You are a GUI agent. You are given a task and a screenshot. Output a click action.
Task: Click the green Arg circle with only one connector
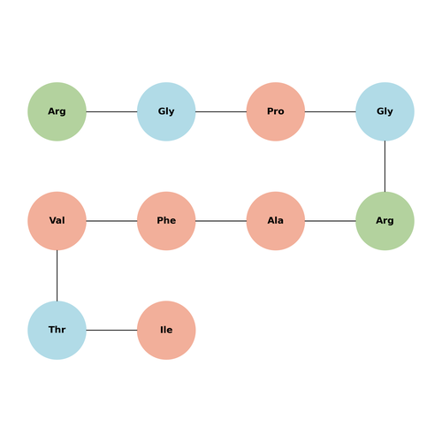[x=57, y=111]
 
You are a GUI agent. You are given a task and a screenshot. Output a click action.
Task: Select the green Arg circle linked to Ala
[x=385, y=221]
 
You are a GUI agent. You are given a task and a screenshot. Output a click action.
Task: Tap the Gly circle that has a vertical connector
[x=385, y=111]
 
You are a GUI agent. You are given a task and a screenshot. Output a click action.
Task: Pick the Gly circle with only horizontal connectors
[x=166, y=111]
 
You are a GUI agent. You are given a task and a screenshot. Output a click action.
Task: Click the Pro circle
[x=276, y=111]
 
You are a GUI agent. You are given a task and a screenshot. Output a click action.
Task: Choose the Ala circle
[x=276, y=221]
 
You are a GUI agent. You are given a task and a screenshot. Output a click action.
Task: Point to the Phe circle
[x=166, y=221]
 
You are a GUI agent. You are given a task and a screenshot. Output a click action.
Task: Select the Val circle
[x=57, y=221]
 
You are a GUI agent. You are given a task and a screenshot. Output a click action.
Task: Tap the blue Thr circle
[x=57, y=330]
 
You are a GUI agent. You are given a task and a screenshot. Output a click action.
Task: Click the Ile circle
[x=166, y=330]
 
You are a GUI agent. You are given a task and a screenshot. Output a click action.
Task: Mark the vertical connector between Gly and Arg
[x=385, y=166]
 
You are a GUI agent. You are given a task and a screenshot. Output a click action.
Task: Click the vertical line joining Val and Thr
[x=57, y=276]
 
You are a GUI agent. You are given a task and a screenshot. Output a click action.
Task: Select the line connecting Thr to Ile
[x=111, y=330]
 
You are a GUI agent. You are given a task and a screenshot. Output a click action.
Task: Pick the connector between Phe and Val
[x=111, y=221]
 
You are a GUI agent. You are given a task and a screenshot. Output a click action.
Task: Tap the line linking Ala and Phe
[x=221, y=221]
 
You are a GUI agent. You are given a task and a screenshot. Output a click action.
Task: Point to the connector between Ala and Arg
[x=331, y=221]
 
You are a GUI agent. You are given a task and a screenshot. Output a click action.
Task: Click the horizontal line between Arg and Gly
[x=111, y=111]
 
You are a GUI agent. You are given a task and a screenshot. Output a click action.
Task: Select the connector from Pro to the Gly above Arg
[x=331, y=111]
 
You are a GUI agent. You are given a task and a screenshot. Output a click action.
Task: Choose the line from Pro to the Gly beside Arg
[x=221, y=111]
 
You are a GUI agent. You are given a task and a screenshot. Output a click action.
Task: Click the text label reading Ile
[x=166, y=330]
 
